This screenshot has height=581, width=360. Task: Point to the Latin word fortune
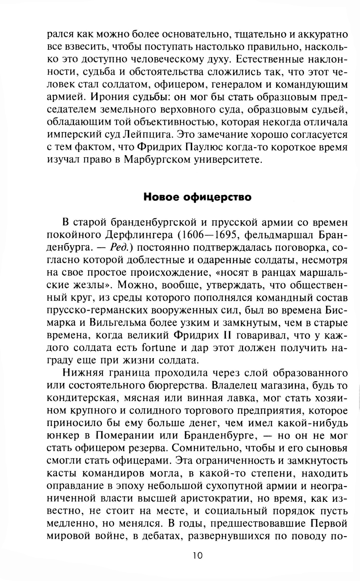coord(159,348)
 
